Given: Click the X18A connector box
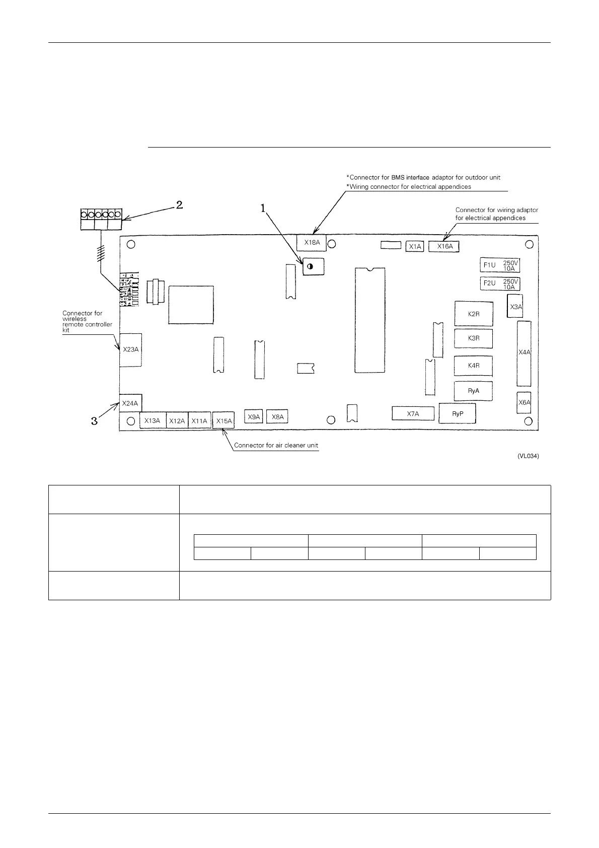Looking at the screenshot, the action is [312, 242].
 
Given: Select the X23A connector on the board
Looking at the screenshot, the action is [130, 349].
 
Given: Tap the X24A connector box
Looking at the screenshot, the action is [130, 403].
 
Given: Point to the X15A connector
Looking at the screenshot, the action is [223, 420].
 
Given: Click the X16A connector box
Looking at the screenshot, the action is [444, 246].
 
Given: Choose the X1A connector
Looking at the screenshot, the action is [415, 246].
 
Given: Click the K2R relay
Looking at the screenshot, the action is [474, 314].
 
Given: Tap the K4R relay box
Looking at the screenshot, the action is [473, 366].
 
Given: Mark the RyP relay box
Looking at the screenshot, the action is [457, 414].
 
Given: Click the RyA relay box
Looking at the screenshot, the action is [473, 391].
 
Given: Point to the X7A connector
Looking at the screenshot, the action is [412, 414].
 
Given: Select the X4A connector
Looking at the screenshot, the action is [524, 353].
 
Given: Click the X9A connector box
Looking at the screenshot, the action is [254, 416].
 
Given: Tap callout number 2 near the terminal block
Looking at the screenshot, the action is [179, 205].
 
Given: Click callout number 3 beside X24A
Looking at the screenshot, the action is [94, 420].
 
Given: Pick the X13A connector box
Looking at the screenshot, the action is [152, 420].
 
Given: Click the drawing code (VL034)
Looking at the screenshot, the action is [528, 456].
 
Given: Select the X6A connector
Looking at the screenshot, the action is [524, 402].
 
